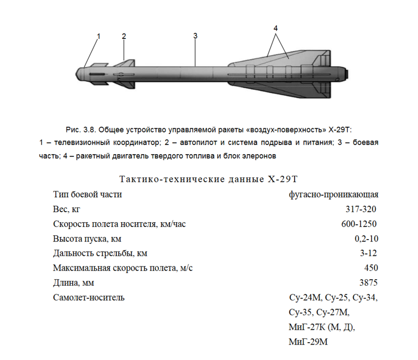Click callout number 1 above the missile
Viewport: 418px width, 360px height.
tap(98, 36)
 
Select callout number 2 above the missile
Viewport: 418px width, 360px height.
tap(124, 36)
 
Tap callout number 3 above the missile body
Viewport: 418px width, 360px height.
tap(195, 36)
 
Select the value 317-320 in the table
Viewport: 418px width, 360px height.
tap(361, 209)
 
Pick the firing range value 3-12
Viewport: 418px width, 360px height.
tap(369, 253)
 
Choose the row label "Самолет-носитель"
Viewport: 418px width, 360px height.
tap(89, 298)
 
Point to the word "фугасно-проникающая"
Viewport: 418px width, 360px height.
tap(333, 194)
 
